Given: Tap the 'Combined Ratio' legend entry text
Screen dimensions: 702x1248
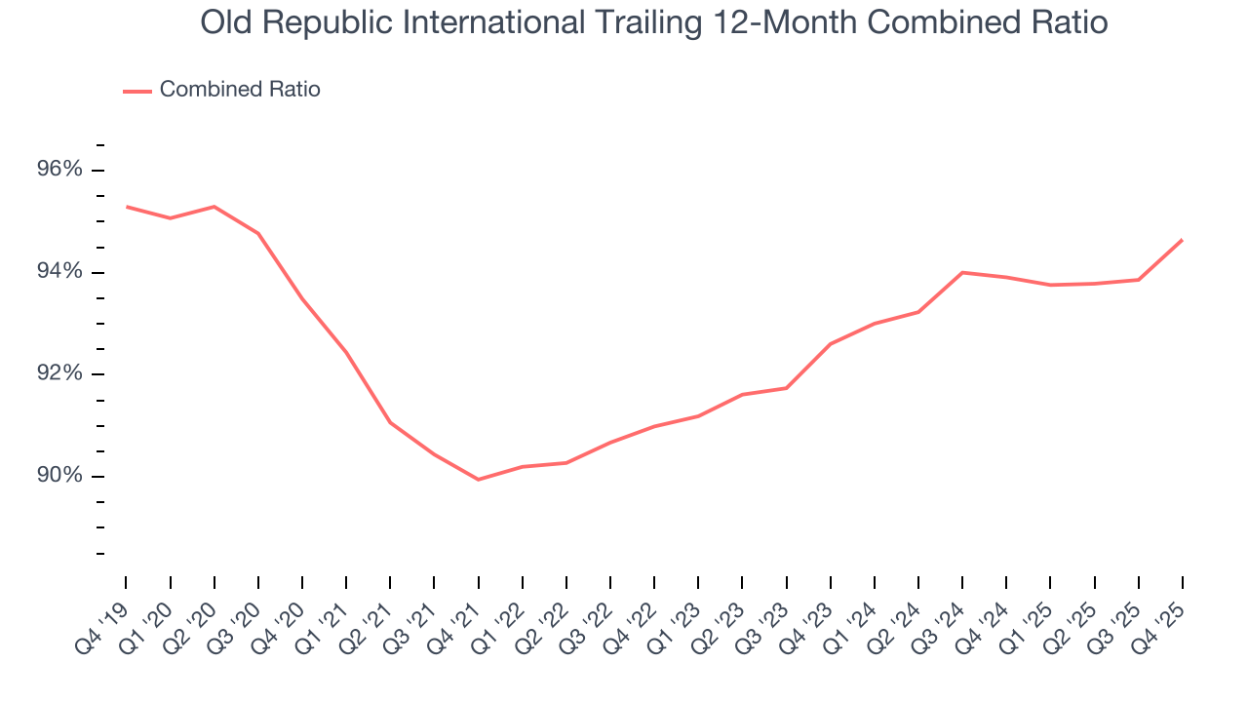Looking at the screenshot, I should (240, 90).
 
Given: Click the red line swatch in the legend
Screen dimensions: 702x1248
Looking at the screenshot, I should (136, 91).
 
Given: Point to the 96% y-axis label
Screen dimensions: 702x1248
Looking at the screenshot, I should (59, 171).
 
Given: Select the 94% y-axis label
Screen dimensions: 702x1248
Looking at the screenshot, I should (59, 272).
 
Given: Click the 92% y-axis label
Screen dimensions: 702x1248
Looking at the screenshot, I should (59, 374).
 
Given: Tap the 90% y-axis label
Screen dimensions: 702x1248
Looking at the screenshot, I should (59, 476).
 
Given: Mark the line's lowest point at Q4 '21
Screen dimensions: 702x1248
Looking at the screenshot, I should (478, 480).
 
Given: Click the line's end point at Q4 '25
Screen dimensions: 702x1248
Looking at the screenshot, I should (1183, 240).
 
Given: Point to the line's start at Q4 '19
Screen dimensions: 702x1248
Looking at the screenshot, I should (126, 207).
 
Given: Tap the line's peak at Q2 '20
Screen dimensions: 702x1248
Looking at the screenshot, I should (214, 207).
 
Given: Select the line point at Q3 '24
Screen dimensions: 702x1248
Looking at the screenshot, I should (962, 272).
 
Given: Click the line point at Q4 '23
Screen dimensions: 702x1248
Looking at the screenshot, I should (830, 344).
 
